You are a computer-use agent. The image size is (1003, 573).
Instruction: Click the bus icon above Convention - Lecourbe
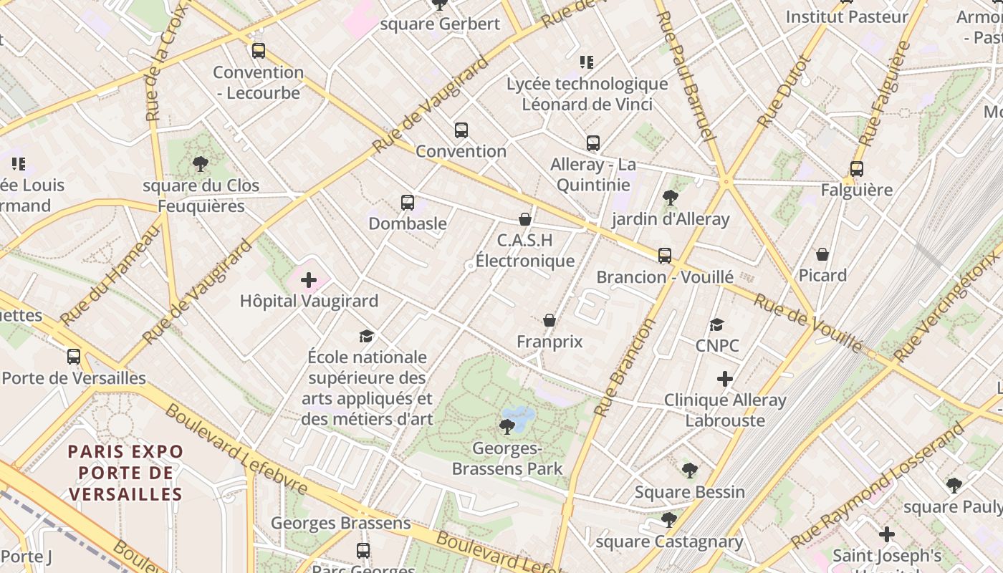(x=259, y=51)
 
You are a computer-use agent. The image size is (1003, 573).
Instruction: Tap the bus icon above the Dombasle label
(x=408, y=203)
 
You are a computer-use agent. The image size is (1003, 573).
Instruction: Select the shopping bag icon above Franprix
(x=550, y=320)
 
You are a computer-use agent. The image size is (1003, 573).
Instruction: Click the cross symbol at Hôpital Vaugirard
(x=309, y=280)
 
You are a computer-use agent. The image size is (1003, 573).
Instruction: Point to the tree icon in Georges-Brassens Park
(x=507, y=428)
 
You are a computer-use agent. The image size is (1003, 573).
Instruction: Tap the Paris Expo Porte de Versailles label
(x=126, y=473)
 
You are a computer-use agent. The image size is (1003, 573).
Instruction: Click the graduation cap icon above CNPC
(x=717, y=324)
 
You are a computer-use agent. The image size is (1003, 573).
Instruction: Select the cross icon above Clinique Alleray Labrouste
(x=725, y=378)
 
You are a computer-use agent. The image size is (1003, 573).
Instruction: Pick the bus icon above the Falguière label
(x=857, y=169)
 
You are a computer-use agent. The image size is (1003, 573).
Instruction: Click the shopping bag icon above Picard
(x=822, y=254)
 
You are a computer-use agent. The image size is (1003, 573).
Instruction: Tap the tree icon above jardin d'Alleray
(x=671, y=198)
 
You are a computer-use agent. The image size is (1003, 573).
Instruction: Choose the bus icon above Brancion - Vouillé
(x=665, y=256)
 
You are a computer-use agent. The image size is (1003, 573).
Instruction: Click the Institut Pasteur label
(x=847, y=16)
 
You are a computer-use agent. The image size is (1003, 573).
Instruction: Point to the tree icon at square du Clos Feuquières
(x=201, y=164)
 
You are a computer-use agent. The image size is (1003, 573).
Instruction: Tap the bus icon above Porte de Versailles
(x=74, y=357)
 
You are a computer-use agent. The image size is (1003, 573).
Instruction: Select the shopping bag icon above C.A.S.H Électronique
(x=525, y=219)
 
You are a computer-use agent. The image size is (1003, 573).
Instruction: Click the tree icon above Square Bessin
(x=689, y=471)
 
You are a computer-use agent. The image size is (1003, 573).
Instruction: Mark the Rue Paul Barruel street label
(x=686, y=75)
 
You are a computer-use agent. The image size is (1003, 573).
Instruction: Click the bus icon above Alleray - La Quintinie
(x=593, y=143)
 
